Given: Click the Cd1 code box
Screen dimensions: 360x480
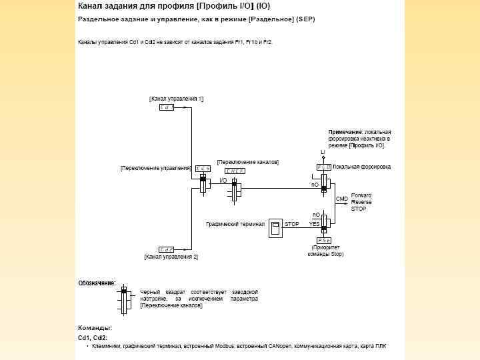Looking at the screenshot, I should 167,107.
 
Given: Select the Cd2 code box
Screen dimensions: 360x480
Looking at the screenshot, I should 167,249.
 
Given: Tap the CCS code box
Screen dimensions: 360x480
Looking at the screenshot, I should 203,169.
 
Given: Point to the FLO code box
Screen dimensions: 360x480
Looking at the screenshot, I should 324,167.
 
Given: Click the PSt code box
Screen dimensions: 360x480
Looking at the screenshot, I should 324,239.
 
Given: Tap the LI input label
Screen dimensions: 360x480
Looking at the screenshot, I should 323,153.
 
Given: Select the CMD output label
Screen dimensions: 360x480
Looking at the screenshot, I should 341,199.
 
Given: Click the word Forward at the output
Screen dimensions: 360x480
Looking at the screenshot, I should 362,195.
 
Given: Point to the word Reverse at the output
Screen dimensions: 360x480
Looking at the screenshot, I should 362,201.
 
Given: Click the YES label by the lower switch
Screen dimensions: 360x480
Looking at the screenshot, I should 314,225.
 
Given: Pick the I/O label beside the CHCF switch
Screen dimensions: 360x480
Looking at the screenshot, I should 223,180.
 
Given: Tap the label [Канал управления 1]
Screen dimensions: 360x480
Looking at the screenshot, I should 176,99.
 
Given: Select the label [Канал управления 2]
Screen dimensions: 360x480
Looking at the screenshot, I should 171,257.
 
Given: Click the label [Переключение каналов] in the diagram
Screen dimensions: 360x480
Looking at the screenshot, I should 248,162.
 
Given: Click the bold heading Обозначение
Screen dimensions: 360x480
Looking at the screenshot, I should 97,283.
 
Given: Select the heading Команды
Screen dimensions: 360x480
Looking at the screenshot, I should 95,328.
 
